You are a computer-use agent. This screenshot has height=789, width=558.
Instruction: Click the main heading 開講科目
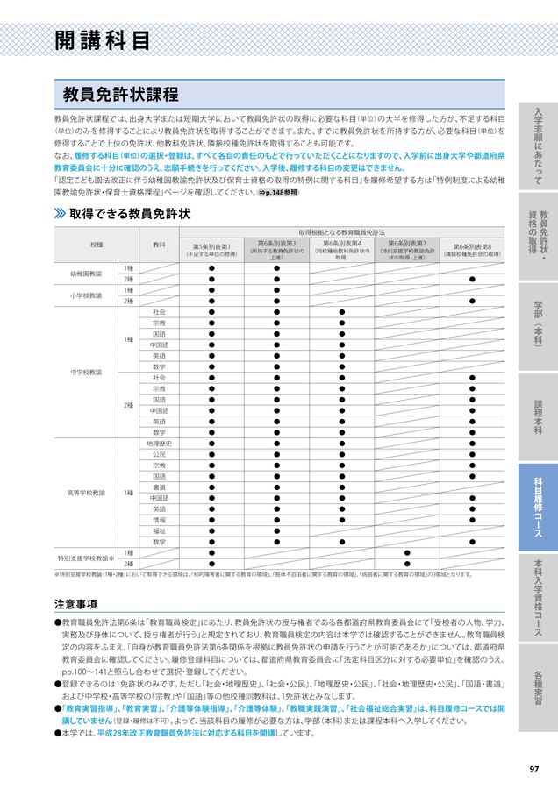pos(102,40)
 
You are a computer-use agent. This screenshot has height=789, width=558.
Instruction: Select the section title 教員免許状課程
pos(120,94)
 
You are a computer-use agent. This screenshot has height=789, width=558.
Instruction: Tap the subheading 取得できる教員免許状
pos(130,213)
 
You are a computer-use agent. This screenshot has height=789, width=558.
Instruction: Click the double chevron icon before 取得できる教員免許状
pos(60,213)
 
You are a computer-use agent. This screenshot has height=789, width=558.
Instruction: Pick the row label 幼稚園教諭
pos(86,274)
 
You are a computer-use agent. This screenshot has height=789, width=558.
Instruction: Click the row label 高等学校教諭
pos(86,493)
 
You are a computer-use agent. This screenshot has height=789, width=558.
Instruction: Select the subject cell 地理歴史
pos(159,444)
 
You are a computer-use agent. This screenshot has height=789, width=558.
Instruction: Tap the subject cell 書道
pos(159,487)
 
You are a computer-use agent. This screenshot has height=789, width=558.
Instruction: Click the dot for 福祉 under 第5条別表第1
pos(211,530)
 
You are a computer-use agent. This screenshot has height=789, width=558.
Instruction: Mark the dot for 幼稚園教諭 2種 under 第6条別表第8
pos(472,279)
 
